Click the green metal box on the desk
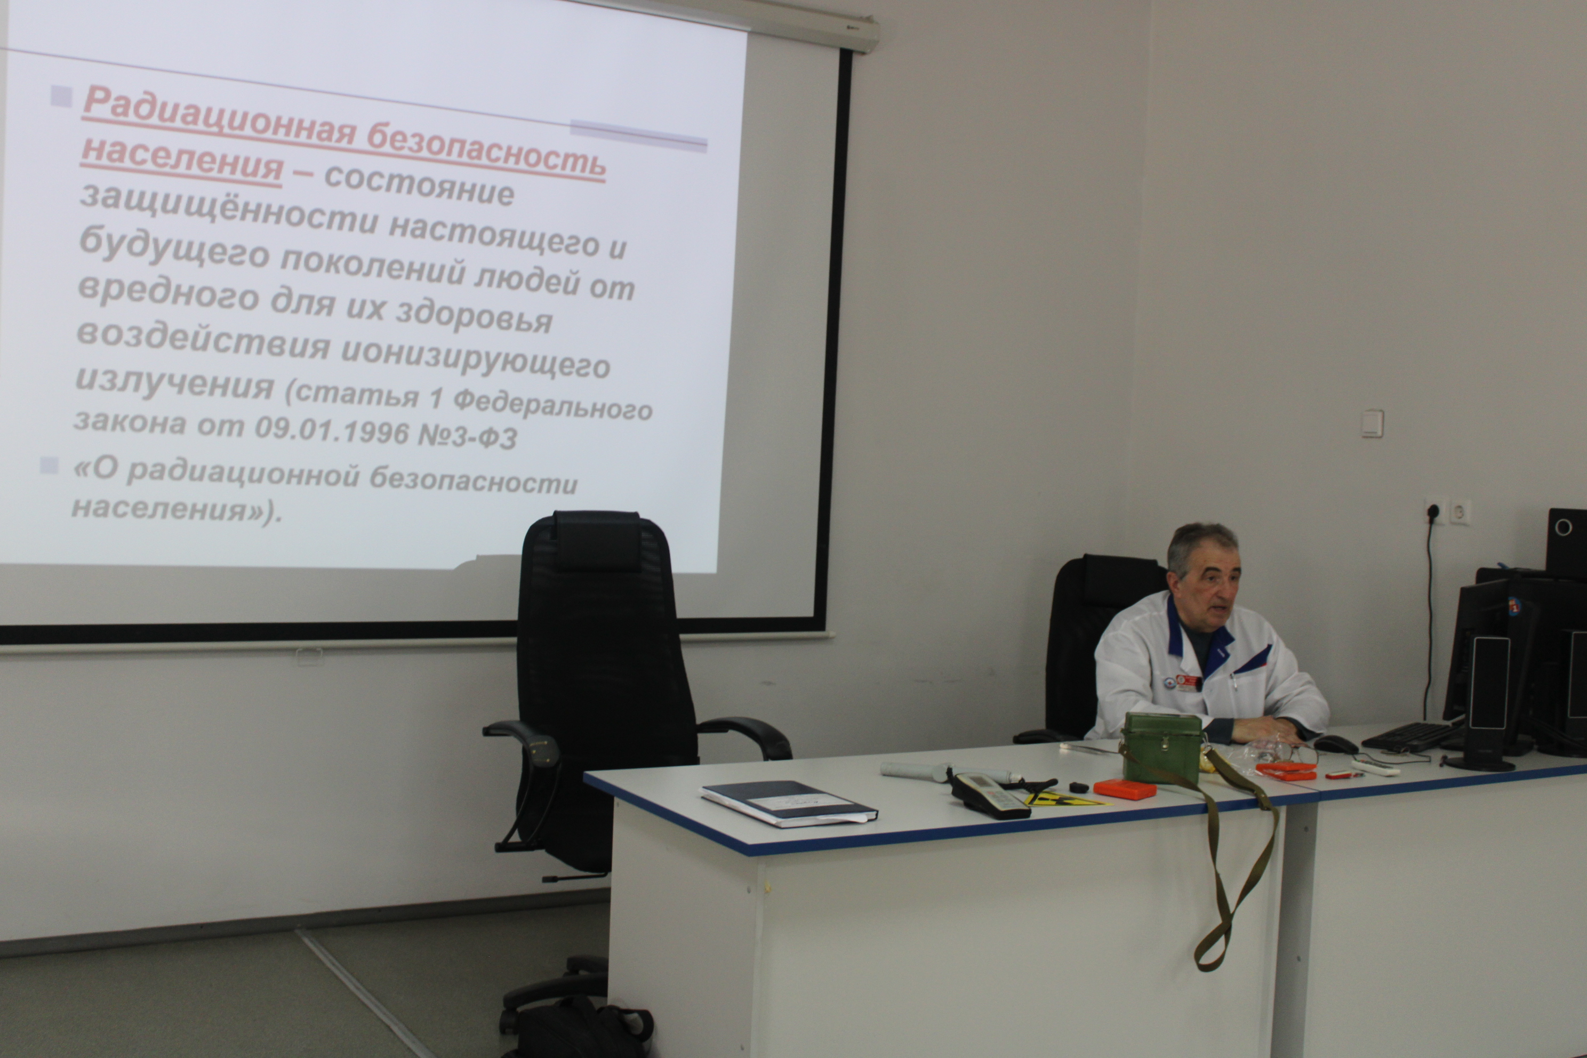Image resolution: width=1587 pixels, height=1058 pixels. click(x=1162, y=747)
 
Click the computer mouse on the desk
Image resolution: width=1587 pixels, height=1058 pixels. click(x=1335, y=744)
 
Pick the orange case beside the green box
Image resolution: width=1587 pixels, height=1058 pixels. click(x=1125, y=788)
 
